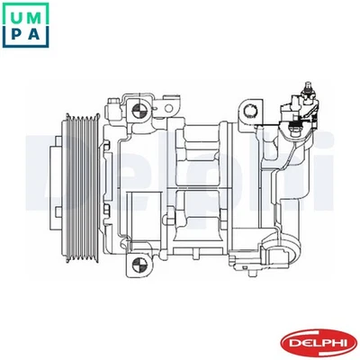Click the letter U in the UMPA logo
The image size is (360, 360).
tap(15, 14)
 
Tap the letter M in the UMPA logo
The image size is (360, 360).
tap(39, 14)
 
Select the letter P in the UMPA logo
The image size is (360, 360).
tap(15, 36)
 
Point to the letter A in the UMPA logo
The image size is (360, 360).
tap(39, 36)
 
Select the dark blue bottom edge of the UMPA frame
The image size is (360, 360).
tap(27, 49)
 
